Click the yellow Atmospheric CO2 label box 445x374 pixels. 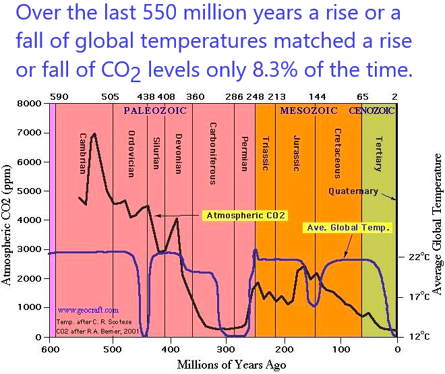[245, 216]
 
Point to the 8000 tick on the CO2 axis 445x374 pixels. [32, 104]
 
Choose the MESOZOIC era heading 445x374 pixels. [309, 109]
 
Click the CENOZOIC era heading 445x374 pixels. [372, 109]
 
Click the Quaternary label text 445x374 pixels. [353, 191]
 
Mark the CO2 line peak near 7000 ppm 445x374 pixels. [94, 133]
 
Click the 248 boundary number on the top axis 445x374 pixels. [255, 96]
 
